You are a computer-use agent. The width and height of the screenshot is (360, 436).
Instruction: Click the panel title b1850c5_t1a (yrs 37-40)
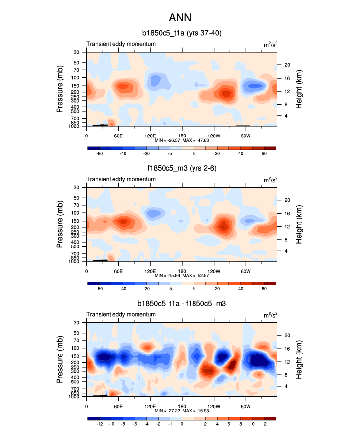tap(181, 34)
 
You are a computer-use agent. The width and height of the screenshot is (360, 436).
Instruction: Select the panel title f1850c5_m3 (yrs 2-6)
tap(181, 169)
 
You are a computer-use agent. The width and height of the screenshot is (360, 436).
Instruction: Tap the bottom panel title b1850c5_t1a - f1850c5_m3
tap(181, 304)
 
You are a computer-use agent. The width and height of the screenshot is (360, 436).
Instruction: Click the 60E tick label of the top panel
tap(118, 136)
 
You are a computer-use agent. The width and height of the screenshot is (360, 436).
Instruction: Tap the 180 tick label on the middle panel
tap(182, 271)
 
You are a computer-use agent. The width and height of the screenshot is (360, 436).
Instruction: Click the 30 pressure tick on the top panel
tap(76, 52)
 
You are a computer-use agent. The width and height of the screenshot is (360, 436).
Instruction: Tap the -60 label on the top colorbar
tap(100, 154)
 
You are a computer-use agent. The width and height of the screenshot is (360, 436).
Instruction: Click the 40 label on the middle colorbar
tap(241, 289)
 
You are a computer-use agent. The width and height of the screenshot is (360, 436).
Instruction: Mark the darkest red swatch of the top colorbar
tap(270, 147)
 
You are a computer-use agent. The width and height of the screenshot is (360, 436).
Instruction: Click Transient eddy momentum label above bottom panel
tap(121, 315)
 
